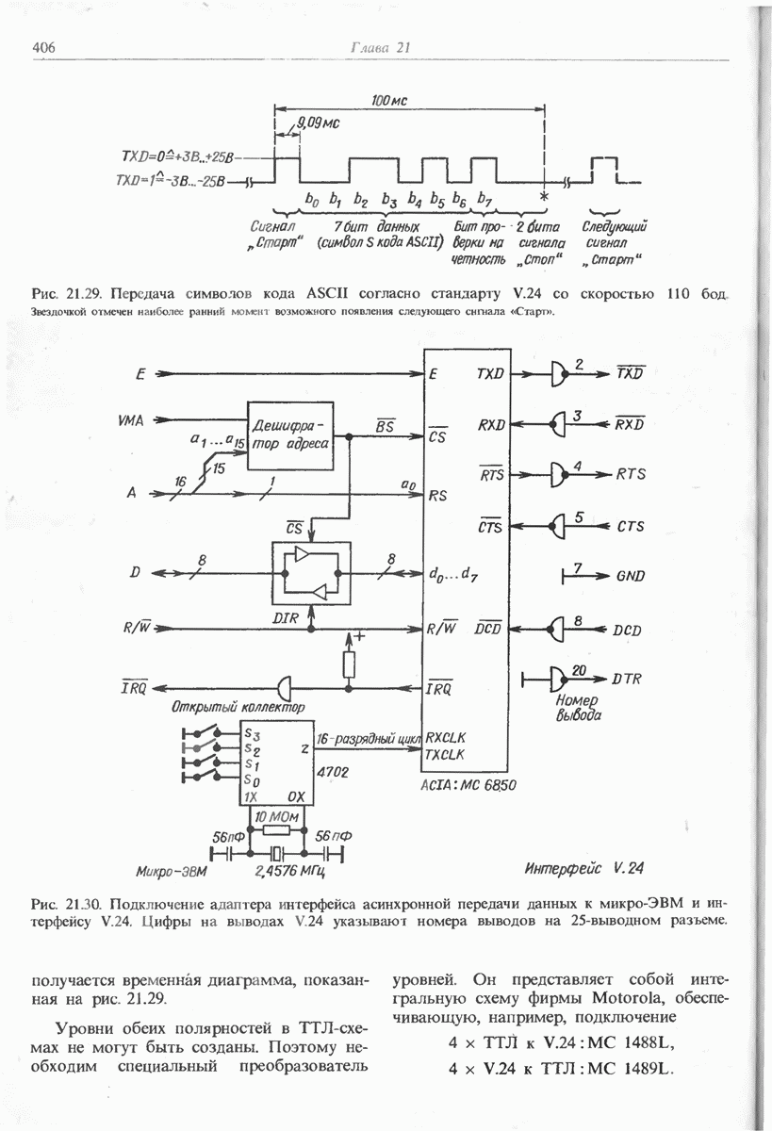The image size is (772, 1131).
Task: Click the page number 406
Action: tap(46, 47)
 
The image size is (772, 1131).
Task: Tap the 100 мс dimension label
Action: tap(388, 102)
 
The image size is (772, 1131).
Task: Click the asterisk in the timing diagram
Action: tap(544, 197)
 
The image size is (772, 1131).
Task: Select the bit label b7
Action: tap(485, 200)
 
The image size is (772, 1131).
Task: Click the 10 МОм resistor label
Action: tap(274, 814)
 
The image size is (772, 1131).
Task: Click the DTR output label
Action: tap(629, 678)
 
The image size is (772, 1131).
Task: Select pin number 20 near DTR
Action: tap(579, 668)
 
